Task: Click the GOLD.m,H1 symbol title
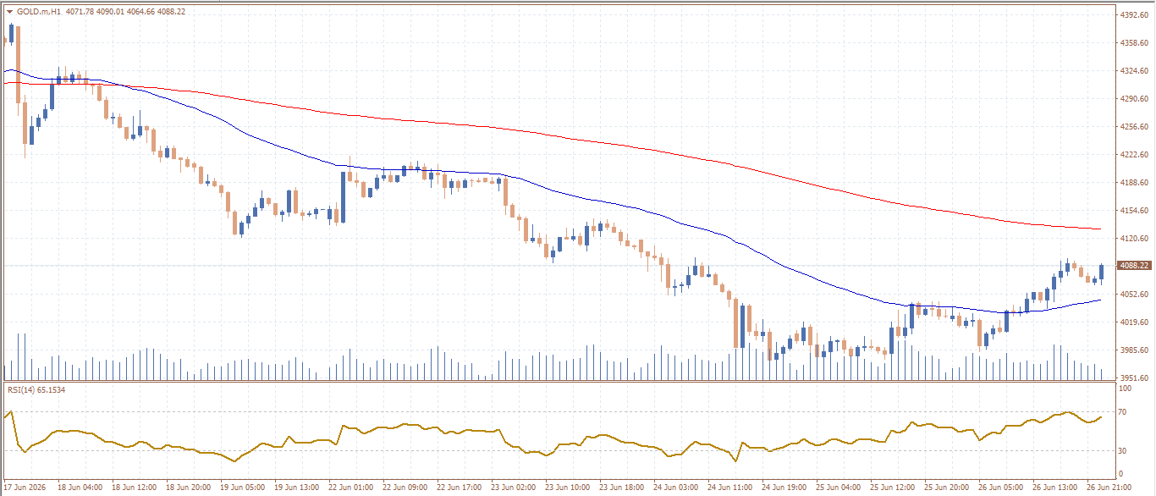[39, 11]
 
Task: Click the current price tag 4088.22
[1134, 265]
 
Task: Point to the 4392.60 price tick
[1133, 15]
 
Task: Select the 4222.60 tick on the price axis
[1133, 154]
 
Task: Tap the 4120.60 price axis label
[1133, 239]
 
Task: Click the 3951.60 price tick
[1133, 378]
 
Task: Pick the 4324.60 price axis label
[1133, 71]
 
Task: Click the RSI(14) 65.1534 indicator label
[36, 389]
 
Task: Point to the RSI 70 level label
[1122, 412]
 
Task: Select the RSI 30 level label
[1122, 450]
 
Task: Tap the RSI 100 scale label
[1125, 389]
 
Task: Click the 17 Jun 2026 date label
[25, 488]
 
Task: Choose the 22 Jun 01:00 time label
[351, 488]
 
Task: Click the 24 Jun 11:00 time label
[729, 488]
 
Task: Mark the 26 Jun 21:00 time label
[1109, 488]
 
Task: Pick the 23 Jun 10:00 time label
[567, 488]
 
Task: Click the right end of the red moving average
[1101, 229]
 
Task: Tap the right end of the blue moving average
[1101, 300]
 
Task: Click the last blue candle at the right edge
[1101, 272]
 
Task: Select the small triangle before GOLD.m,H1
[10, 11]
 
